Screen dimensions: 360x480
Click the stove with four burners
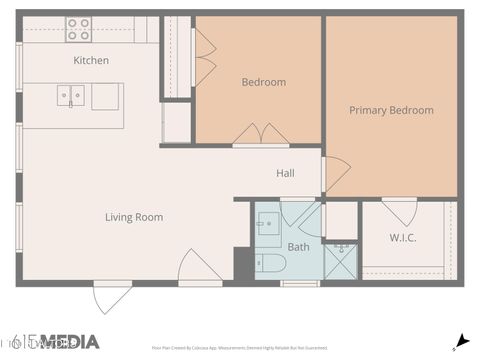tap(78, 28)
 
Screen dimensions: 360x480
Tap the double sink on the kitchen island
tap(70, 96)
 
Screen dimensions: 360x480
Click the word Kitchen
tap(91, 60)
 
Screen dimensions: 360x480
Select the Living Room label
tap(134, 217)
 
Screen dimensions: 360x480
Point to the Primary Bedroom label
tap(391, 110)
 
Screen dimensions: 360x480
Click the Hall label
tap(285, 173)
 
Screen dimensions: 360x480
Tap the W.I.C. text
tap(403, 237)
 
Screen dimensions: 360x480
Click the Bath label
tap(298, 247)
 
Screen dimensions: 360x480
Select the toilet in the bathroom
tap(271, 263)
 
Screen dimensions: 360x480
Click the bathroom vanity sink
tap(268, 226)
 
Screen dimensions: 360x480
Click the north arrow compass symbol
tap(461, 340)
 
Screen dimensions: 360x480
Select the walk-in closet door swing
tap(400, 211)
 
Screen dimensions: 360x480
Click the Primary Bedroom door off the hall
tap(336, 174)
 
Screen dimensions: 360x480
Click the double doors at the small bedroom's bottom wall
tap(261, 135)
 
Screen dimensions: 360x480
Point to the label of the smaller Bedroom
tap(263, 82)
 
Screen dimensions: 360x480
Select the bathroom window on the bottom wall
tap(300, 283)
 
